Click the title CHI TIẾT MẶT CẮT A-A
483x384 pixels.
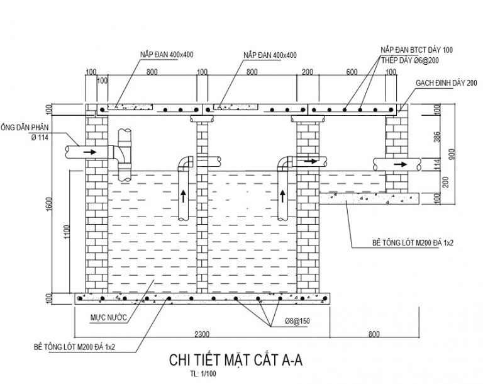point(236,360)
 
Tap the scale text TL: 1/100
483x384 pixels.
point(203,374)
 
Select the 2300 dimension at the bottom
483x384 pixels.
point(202,334)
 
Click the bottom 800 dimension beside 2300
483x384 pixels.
point(374,334)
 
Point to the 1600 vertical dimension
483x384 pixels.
point(48,204)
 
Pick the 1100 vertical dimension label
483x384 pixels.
point(67,232)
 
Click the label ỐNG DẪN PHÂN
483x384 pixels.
point(25,127)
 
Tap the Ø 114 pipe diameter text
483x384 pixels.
point(40,138)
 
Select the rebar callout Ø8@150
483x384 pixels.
point(297,321)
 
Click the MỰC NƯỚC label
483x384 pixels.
point(108,318)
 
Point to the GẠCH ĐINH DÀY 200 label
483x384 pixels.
point(447,82)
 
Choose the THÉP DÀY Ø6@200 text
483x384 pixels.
point(410,60)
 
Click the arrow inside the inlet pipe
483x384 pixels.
point(90,152)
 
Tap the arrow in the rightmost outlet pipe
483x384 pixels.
point(400,164)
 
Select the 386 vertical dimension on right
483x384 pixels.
point(437,137)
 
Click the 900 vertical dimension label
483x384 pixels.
point(452,154)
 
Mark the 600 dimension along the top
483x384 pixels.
point(352,72)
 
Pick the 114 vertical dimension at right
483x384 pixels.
point(437,164)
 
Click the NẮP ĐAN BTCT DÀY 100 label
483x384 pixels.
point(417,50)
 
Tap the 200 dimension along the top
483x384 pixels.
point(308,72)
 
